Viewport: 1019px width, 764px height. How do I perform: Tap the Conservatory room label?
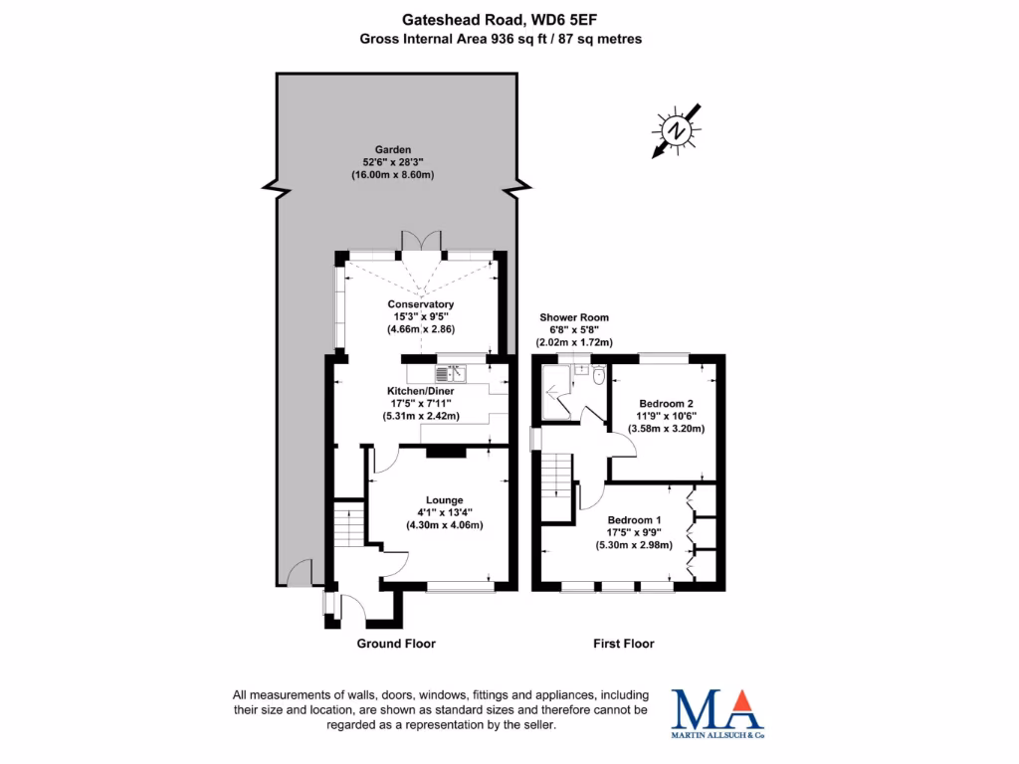click(421, 304)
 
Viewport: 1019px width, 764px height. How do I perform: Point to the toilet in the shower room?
click(598, 376)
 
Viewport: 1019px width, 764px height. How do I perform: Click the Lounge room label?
click(445, 499)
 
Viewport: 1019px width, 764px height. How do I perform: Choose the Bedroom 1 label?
click(634, 520)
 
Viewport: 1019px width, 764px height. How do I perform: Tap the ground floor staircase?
click(348, 523)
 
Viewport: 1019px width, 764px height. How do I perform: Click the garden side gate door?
click(297, 575)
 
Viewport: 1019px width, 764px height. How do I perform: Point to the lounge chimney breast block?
click(445, 452)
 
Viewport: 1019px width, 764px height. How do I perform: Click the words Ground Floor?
click(396, 644)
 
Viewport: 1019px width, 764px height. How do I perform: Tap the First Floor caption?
click(624, 644)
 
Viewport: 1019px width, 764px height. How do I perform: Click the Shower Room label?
click(574, 318)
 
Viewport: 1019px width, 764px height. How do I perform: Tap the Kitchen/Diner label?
click(421, 391)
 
